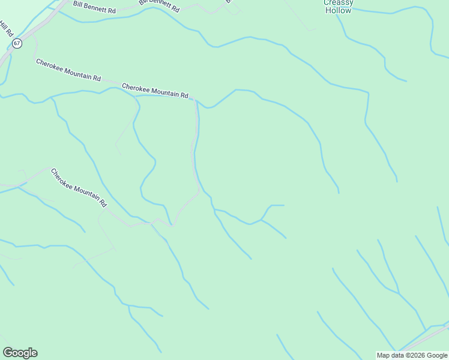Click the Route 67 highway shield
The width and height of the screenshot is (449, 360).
[17, 43]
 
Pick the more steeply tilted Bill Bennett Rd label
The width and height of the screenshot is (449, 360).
[159, 6]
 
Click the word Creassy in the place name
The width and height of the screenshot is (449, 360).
[339, 3]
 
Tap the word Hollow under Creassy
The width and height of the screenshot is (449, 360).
[339, 11]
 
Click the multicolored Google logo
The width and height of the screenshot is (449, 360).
[20, 353]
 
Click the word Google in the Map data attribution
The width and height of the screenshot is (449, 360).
[437, 355]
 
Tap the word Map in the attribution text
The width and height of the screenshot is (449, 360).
[384, 355]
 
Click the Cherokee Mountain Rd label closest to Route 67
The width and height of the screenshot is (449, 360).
[68, 70]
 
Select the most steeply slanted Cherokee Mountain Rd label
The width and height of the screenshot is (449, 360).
[79, 187]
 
